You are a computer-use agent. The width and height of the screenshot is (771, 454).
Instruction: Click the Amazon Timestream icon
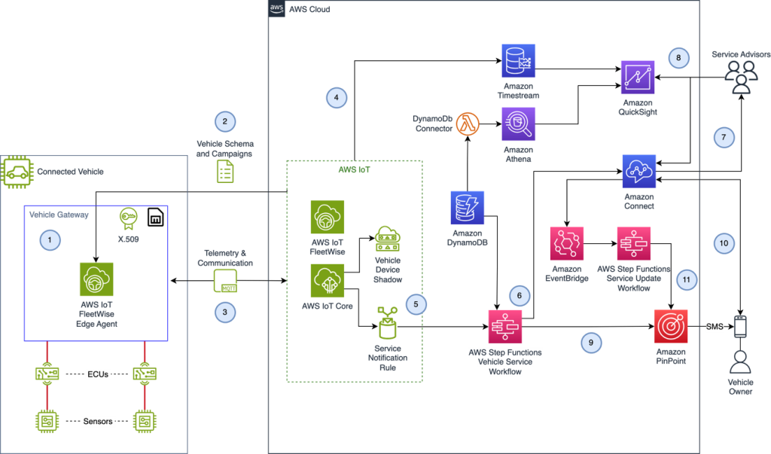(519, 61)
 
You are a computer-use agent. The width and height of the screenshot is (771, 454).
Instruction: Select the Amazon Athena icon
(519, 123)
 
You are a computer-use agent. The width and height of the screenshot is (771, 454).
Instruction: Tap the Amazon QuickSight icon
(638, 77)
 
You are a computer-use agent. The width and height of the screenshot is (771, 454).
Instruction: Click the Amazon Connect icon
(638, 172)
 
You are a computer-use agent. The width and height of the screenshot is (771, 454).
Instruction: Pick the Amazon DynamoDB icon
(468, 208)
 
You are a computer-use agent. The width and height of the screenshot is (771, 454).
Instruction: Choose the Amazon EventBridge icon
(567, 244)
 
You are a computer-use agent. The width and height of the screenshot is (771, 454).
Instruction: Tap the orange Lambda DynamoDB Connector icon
(471, 123)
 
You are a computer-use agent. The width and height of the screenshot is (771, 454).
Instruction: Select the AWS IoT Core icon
(328, 280)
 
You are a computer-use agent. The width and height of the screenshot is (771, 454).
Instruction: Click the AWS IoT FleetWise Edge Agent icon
(96, 279)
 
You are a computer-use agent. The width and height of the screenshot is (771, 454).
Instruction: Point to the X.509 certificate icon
(127, 219)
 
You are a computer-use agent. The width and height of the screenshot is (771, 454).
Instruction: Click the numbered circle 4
(337, 97)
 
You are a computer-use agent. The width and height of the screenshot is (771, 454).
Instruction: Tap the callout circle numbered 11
(685, 279)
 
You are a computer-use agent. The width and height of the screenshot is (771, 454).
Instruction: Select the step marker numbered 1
(50, 240)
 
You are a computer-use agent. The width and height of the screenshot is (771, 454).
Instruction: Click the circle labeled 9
(591, 343)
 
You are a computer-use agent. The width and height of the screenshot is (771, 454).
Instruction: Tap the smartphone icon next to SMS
(740, 327)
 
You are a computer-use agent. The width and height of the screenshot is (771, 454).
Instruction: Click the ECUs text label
(98, 374)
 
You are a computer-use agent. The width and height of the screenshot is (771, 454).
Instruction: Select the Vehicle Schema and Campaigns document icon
(224, 172)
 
